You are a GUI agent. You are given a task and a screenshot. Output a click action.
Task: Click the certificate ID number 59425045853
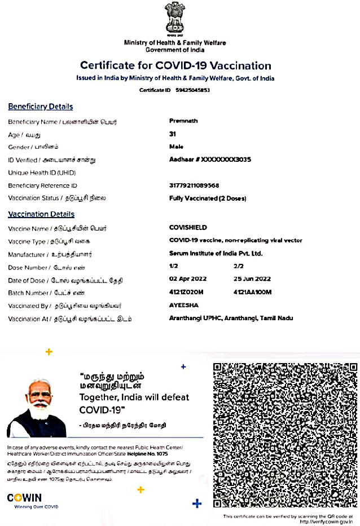[x=192, y=90]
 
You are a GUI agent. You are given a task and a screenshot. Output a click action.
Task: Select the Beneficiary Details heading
[x=40, y=107]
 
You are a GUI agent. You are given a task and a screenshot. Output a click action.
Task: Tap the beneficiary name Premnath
[x=183, y=121]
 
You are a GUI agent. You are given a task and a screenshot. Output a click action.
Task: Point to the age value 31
[x=173, y=134]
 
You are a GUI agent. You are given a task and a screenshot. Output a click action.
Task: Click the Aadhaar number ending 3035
[x=210, y=160]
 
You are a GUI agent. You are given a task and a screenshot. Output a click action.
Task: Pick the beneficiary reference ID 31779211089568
[x=194, y=185]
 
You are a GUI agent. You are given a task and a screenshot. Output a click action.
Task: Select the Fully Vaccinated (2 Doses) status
[x=208, y=198]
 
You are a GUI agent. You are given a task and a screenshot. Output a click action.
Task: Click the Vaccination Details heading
[x=41, y=214]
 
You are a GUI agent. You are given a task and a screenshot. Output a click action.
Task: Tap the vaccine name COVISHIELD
[x=188, y=228]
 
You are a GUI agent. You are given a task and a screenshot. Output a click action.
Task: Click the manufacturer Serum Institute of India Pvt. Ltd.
[x=216, y=254]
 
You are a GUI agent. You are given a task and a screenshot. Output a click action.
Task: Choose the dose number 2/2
[x=238, y=266]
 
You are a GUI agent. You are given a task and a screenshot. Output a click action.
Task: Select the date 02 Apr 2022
[x=188, y=279]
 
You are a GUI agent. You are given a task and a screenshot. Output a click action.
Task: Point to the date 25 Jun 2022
[x=252, y=279]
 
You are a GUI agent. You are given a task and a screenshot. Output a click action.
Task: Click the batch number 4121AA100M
[x=252, y=292]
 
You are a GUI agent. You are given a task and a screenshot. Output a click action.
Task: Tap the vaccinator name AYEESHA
[x=183, y=305]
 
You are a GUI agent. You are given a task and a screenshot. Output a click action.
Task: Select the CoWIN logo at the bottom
[x=24, y=498]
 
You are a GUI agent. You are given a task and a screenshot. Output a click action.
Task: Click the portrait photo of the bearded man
[x=38, y=407]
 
